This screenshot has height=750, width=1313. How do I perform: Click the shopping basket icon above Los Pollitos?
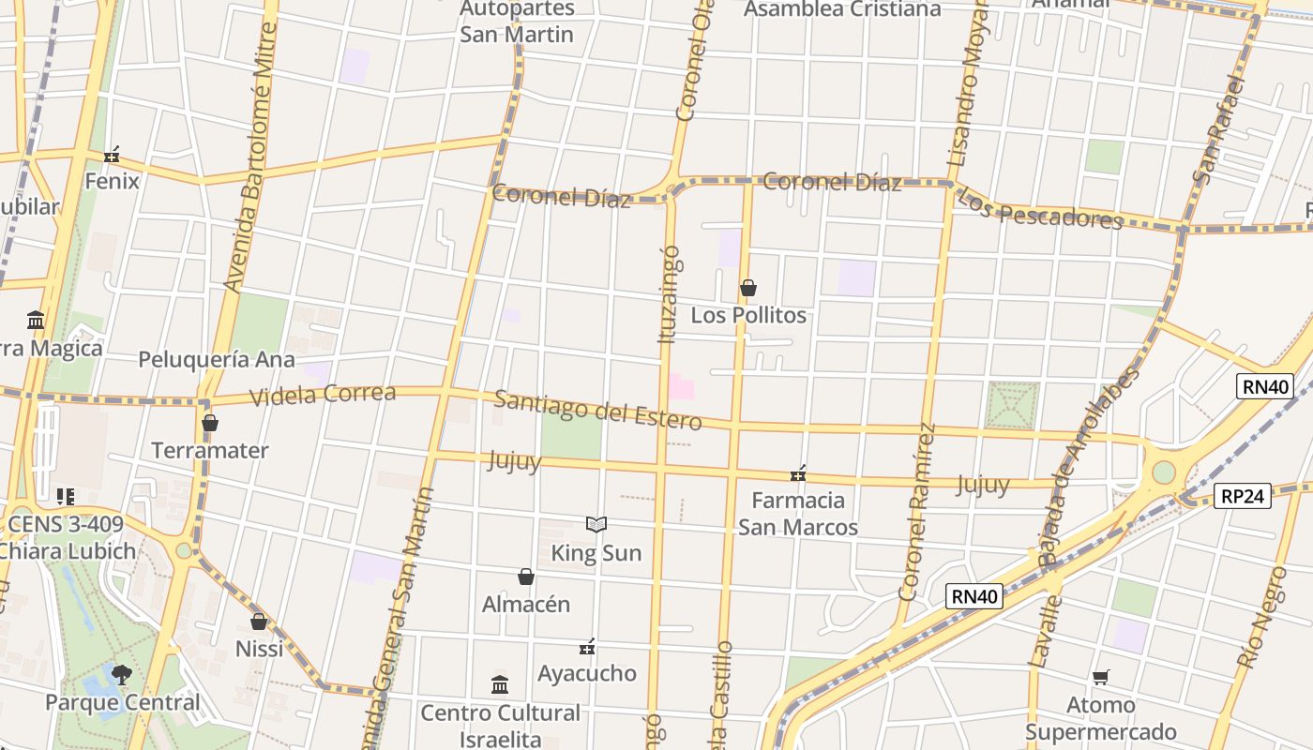pyautogui.click(x=748, y=288)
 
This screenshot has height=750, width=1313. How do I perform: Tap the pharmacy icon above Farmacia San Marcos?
pyautogui.click(x=798, y=473)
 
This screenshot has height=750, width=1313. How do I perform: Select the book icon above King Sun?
pyautogui.click(x=596, y=525)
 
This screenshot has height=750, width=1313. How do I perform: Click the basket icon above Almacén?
pyautogui.click(x=526, y=577)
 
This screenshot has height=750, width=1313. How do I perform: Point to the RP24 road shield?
pyautogui.click(x=1244, y=496)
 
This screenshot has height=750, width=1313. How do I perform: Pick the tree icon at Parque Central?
pyautogui.click(x=121, y=674)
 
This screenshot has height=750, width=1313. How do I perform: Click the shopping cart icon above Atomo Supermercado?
pyautogui.click(x=1101, y=677)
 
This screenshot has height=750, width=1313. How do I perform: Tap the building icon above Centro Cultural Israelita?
pyautogui.click(x=500, y=685)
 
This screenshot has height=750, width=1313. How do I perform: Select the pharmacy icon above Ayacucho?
pyautogui.click(x=587, y=646)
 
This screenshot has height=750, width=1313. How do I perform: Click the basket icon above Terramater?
pyautogui.click(x=210, y=423)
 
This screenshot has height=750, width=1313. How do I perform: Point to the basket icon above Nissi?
pyautogui.click(x=259, y=622)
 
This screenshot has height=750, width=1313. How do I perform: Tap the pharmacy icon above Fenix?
pyautogui.click(x=112, y=154)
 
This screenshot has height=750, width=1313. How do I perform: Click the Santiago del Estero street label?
pyautogui.click(x=597, y=410)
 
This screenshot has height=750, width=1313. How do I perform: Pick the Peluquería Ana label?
pyautogui.click(x=217, y=359)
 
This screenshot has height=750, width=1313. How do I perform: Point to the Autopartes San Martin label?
pyautogui.click(x=517, y=22)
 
